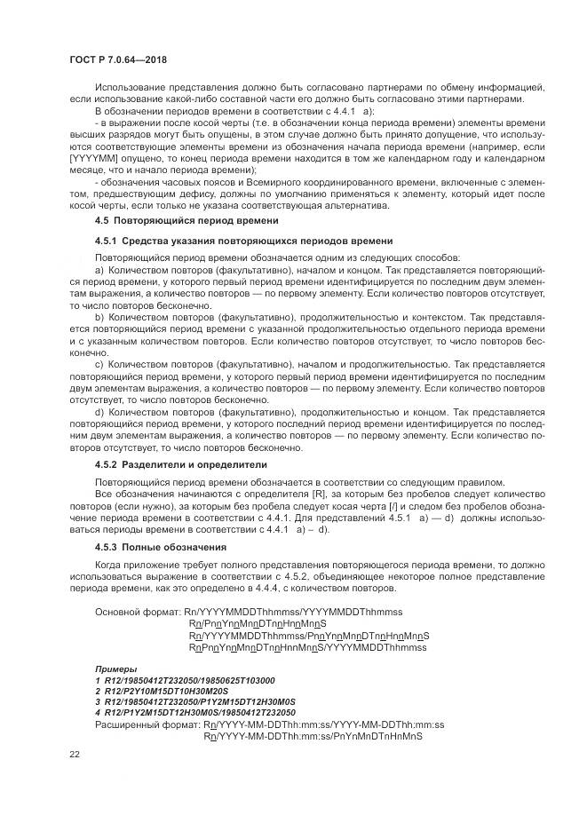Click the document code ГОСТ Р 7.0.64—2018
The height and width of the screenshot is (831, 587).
click(x=117, y=59)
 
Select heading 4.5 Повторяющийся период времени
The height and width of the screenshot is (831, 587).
click(x=186, y=219)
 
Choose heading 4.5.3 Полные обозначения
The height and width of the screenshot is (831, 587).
click(x=161, y=547)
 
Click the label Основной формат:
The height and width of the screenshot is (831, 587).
click(x=137, y=613)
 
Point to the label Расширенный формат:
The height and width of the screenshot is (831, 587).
click(x=147, y=724)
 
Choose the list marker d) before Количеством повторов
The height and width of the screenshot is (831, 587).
click(x=99, y=413)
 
